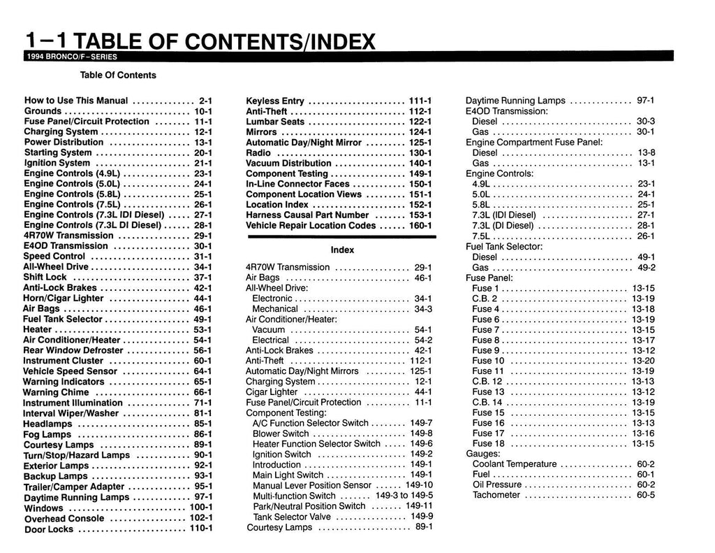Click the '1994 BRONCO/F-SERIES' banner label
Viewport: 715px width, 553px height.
pyautogui.click(x=71, y=57)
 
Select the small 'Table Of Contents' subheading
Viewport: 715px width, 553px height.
pyautogui.click(x=118, y=75)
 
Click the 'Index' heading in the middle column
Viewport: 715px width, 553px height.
pyautogui.click(x=342, y=250)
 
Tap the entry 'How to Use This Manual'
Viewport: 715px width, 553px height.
pyautogui.click(x=76, y=101)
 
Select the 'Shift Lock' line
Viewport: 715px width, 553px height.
pyautogui.click(x=45, y=277)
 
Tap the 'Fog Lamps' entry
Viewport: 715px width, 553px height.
pyautogui.click(x=47, y=434)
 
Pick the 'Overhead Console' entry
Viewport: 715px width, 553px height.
pyautogui.click(x=64, y=519)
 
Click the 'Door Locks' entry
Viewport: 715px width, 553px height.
pyautogui.click(x=49, y=529)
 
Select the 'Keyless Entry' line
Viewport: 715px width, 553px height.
pyautogui.click(x=275, y=101)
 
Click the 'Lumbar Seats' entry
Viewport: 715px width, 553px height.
pyautogui.click(x=275, y=122)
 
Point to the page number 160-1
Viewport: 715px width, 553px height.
pyautogui.click(x=420, y=226)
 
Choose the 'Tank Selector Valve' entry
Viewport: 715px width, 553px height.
pyautogui.click(x=292, y=517)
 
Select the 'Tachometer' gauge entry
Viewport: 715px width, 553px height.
pyautogui.click(x=496, y=495)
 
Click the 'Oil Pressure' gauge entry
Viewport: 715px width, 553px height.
pyautogui.click(x=496, y=484)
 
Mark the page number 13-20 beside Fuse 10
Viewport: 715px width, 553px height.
pyautogui.click(x=643, y=361)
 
